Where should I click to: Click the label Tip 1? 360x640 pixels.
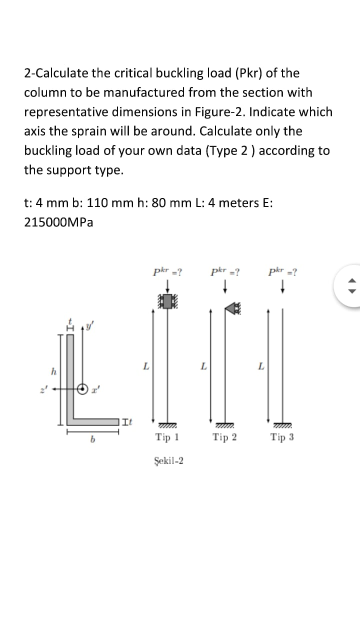[167, 437]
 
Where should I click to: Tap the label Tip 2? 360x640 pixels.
[224, 437]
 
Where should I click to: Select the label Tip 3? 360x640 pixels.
[282, 437]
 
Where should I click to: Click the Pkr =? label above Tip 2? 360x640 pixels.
[224, 272]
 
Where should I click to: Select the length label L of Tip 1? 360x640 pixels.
[145, 366]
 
